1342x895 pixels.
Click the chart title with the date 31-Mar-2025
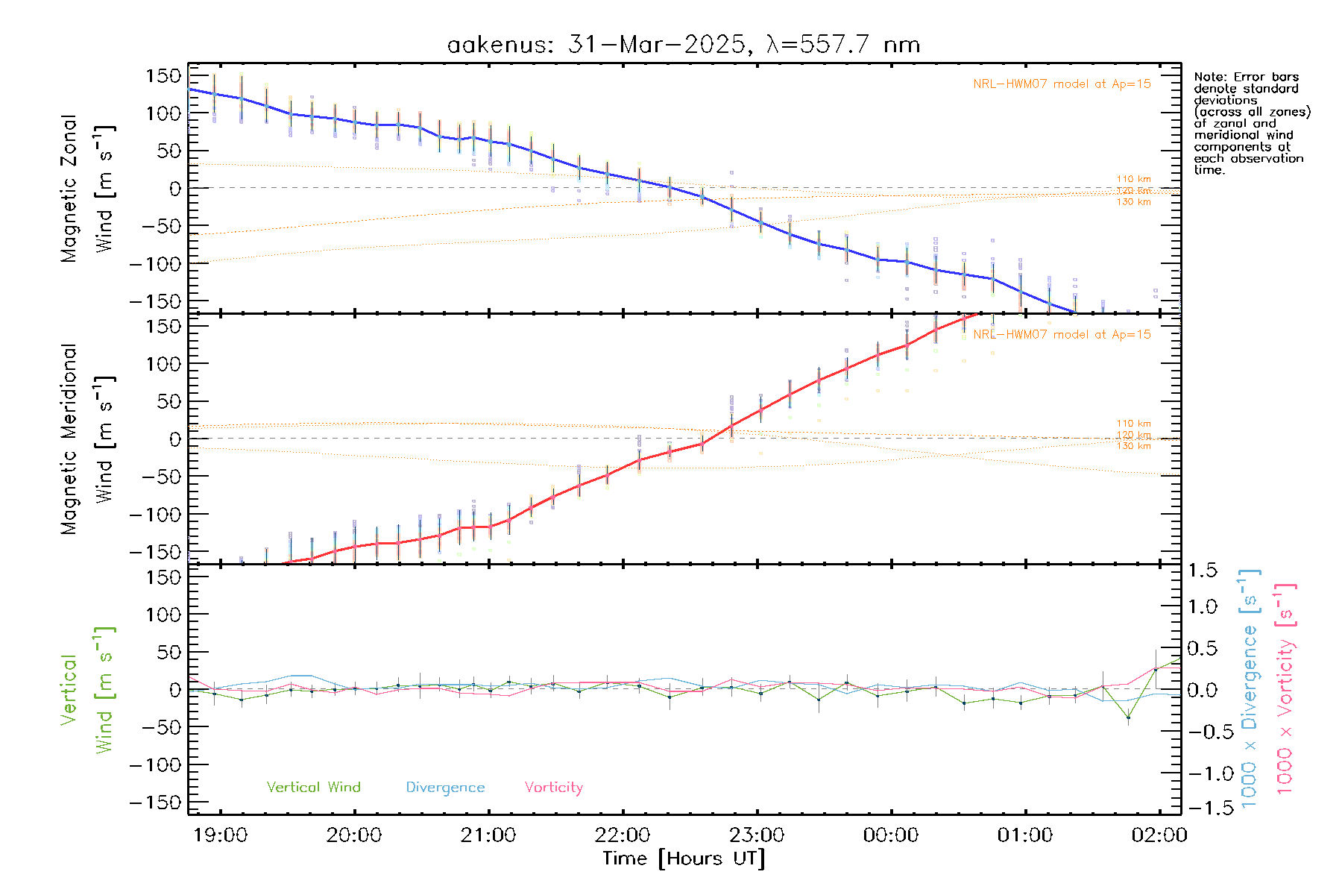[683, 45]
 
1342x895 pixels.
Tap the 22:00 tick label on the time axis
[623, 835]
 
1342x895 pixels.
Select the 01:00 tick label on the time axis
[1025, 835]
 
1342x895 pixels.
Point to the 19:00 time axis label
[220, 835]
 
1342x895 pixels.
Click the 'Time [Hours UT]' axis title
[684, 858]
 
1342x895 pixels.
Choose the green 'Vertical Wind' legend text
[313, 787]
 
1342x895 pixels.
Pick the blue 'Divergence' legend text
[445, 787]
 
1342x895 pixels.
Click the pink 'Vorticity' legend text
[553, 787]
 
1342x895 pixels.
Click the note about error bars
[1251, 123]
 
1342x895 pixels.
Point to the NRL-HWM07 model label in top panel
[1062, 84]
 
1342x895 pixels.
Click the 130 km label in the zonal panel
[1133, 202]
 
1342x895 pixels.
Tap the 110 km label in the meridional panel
[1133, 423]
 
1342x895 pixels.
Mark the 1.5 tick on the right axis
[1203, 571]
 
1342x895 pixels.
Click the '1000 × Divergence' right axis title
[1250, 688]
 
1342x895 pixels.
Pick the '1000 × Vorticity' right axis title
[1285, 688]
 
